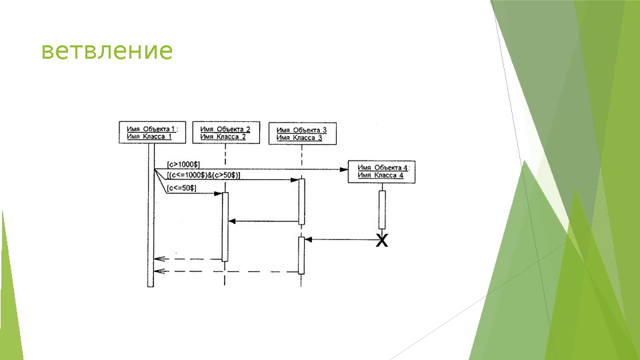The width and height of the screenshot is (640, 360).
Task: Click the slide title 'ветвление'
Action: coord(107,51)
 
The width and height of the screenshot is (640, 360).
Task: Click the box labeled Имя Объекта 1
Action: coord(149,133)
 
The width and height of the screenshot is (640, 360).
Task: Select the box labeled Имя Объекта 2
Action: coord(225,133)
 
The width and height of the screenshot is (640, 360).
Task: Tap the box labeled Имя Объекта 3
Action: coord(302,134)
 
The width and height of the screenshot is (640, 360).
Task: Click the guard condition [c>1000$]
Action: coord(183,163)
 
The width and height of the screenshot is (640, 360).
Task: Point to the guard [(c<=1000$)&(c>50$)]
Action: coord(204,175)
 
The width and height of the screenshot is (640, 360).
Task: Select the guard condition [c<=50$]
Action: coord(181,188)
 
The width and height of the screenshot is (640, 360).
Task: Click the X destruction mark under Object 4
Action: coord(382,240)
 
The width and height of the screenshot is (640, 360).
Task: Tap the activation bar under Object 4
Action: coord(382,210)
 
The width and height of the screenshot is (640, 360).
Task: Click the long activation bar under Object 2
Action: coord(225,227)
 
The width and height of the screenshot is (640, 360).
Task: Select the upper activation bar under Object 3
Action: coord(301,201)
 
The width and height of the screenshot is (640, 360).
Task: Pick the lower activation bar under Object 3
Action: coord(301,255)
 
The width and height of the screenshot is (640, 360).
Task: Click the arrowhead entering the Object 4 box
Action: coord(344,169)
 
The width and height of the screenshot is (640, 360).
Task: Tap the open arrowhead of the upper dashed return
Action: coord(157,259)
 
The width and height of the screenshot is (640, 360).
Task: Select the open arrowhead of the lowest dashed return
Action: coord(157,271)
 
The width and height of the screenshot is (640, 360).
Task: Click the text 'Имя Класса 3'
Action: coord(299,138)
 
